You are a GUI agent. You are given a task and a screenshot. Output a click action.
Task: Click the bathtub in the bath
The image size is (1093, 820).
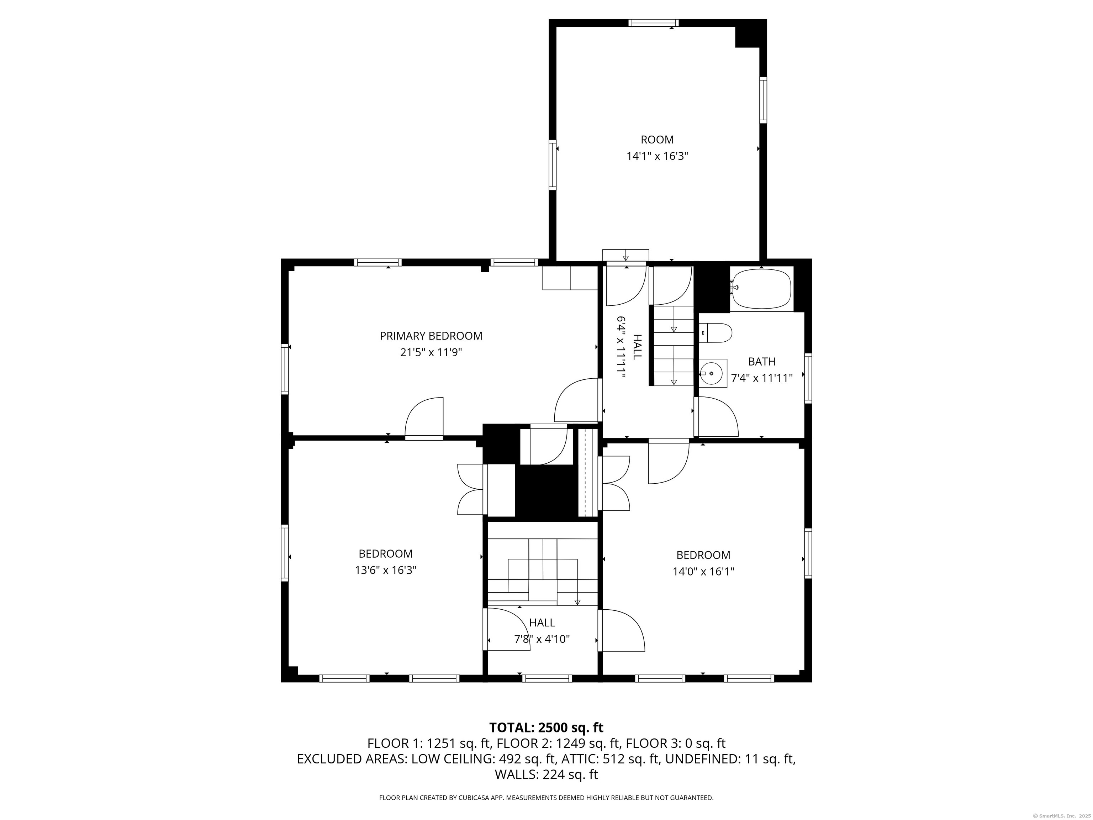[761, 289]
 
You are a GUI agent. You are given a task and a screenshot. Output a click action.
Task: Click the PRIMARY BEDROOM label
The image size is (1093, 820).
[431, 336]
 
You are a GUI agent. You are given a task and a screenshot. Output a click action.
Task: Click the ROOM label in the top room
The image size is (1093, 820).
[657, 140]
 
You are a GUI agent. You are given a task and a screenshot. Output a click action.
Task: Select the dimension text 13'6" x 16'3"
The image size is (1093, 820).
[385, 570]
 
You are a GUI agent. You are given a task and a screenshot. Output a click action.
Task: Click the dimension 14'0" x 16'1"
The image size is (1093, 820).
[703, 571]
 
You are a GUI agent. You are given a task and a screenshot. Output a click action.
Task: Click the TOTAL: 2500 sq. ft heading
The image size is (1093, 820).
[546, 727]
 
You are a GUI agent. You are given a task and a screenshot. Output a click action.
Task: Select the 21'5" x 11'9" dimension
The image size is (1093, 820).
[431, 352]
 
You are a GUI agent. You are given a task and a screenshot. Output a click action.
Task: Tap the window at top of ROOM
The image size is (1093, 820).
[653, 23]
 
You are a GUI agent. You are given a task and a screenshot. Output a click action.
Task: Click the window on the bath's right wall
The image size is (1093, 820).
[808, 378]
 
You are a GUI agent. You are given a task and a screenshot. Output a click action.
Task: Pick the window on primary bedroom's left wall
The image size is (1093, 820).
[285, 369]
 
